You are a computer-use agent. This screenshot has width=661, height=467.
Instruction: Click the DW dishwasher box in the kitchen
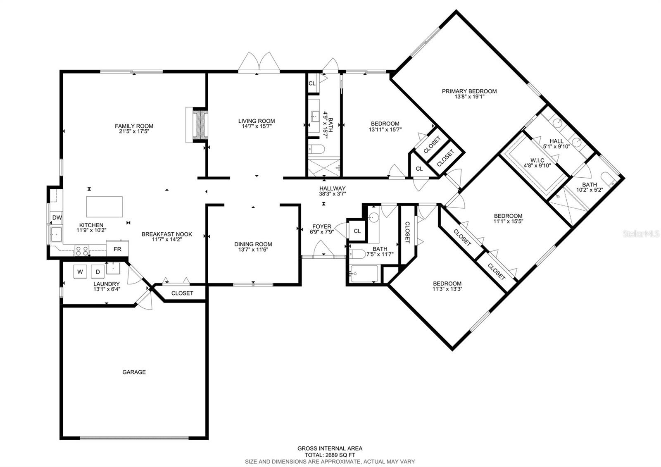(57, 218)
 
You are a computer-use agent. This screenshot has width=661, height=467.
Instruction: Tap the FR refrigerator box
(117, 249)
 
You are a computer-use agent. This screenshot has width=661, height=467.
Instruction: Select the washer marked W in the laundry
(81, 272)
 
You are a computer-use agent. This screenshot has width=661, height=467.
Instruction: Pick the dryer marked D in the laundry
(98, 272)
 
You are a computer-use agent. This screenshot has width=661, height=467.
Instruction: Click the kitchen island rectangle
(105, 207)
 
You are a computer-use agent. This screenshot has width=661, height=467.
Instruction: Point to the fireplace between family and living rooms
(200, 125)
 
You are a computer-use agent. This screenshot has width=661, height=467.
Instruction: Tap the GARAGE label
(134, 372)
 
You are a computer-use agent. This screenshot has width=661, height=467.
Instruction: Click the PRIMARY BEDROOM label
(469, 91)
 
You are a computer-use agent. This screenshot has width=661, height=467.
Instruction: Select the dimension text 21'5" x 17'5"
(134, 131)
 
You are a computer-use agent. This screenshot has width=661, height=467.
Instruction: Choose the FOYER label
(321, 226)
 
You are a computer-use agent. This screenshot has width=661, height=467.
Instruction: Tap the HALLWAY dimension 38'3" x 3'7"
(332, 193)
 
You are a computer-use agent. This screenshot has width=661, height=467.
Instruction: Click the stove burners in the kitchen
(81, 250)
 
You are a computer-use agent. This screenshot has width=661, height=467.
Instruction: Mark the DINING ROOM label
(253, 244)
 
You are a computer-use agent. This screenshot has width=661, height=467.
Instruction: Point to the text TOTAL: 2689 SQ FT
(330, 455)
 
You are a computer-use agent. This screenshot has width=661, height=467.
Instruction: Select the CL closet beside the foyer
(357, 231)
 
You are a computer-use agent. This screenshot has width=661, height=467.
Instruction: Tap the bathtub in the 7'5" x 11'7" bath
(364, 274)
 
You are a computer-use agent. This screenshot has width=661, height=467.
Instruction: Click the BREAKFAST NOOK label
(166, 234)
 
